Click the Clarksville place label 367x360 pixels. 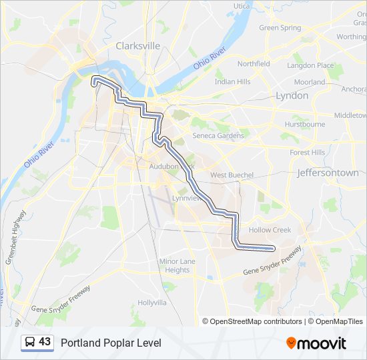point(138,46)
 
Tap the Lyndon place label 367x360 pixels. point(292,95)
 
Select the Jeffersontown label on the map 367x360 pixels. point(327,173)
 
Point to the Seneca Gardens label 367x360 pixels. point(218,135)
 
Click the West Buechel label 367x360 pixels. point(232,175)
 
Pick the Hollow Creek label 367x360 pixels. point(270,230)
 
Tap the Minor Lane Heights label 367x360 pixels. point(177,265)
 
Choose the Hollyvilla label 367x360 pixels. point(152,302)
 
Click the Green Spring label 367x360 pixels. point(280,28)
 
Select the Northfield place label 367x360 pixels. point(254,64)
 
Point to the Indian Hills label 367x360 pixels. point(233,81)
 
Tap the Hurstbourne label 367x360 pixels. point(304,124)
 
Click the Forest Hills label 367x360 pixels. point(308,152)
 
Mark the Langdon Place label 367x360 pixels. point(310,65)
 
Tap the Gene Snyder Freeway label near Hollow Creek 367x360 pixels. point(272,261)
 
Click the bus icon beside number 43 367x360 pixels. point(30,343)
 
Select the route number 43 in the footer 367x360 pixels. point(45,342)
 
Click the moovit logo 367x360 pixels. point(316,343)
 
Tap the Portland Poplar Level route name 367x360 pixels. point(111,343)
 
